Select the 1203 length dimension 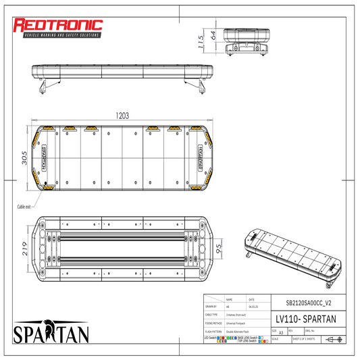click(x=122, y=115)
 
